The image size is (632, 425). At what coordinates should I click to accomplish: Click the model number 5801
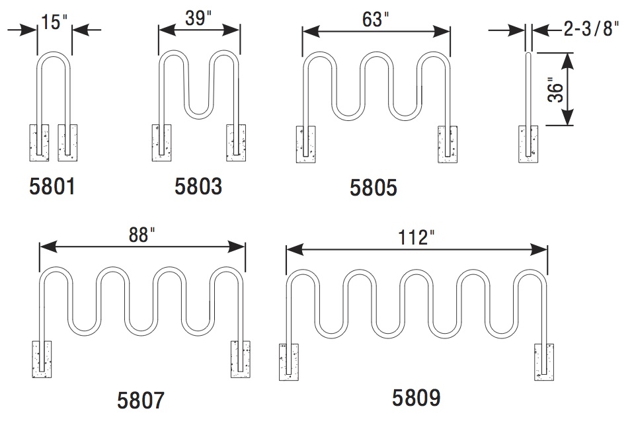coord(53,186)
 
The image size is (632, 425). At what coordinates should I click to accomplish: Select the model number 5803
coord(198,186)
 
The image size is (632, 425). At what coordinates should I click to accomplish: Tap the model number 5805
coord(374,188)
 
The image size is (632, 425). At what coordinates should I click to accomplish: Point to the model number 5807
coord(140,400)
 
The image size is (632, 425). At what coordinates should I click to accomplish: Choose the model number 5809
coord(416,397)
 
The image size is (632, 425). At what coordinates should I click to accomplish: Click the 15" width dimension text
coord(54,21)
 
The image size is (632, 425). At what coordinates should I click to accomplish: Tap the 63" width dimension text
coord(375,19)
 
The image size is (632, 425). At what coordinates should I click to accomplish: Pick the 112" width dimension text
coord(415,238)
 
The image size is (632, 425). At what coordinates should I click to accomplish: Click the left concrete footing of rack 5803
coord(163,142)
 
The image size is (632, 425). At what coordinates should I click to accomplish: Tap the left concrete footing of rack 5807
coord(42,359)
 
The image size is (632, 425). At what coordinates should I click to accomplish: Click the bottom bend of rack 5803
coord(199,115)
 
